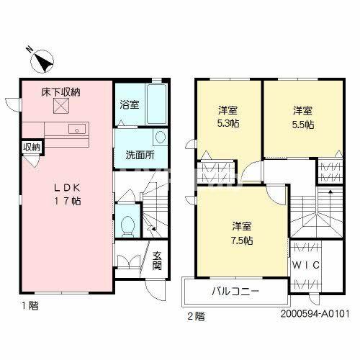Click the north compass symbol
pos(41,60)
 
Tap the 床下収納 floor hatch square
pos(61,106)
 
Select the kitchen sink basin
pos(77,130)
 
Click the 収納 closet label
pos(32,147)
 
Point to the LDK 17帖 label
pos(67,194)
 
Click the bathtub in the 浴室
pos(156,104)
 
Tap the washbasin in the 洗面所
pos(160,137)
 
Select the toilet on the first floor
pos(127,226)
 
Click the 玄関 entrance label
pos(157,261)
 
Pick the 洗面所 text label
pos(140,156)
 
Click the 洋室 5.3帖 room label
pos(228,117)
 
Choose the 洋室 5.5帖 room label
pos(303,117)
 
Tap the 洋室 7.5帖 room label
pos(242,233)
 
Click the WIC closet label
pos(306,265)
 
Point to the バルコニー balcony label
pos(235,292)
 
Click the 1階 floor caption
pos(30,305)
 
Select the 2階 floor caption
pos(197,316)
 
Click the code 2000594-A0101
pos(315,314)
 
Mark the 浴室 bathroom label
pos(130,105)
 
